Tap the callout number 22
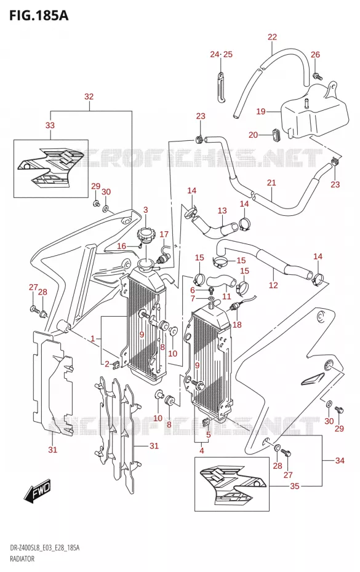(x=272, y=37)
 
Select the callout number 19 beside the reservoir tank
(x=261, y=111)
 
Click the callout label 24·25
(x=221, y=54)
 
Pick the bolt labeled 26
(x=316, y=76)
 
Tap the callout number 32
(x=89, y=97)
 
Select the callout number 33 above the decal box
(x=50, y=125)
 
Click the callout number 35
(x=295, y=486)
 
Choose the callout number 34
(x=340, y=461)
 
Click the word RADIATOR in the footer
(x=22, y=558)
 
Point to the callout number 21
(x=271, y=183)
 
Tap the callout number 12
(x=273, y=285)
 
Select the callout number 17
(x=164, y=234)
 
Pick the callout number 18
(x=237, y=324)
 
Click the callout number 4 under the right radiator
(x=202, y=451)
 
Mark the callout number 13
(x=222, y=210)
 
